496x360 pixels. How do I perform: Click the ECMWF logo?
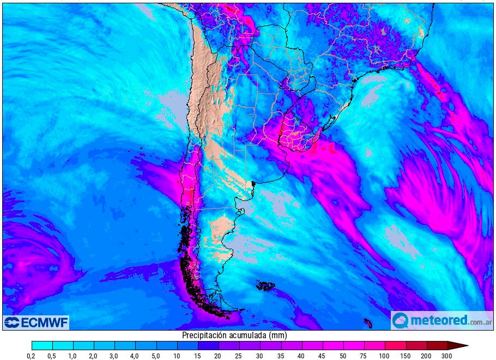point(36,322)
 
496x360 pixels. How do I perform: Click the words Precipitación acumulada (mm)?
point(234,335)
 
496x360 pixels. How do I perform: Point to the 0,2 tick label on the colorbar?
point(32,356)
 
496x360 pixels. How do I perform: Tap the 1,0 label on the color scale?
point(73,356)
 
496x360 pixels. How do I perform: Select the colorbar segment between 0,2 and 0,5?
point(42,345)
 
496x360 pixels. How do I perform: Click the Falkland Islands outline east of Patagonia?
point(266,285)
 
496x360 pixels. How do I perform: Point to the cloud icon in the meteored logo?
point(401,320)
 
